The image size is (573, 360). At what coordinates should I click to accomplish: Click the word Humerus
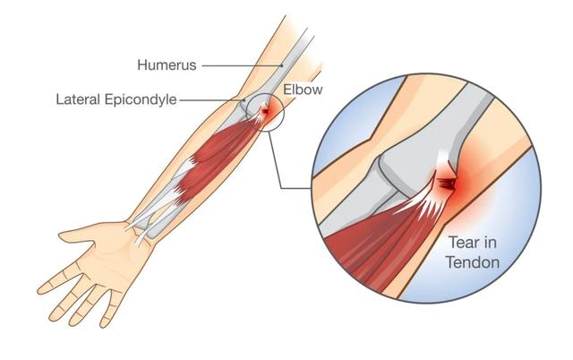tap(167, 65)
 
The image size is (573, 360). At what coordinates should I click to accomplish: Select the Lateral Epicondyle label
tap(116, 99)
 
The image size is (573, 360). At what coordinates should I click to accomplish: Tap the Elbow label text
tap(303, 90)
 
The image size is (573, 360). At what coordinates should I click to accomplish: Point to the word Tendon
tap(473, 262)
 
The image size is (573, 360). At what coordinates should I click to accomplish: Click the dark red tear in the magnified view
tap(448, 184)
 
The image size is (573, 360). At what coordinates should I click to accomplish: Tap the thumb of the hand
tap(79, 234)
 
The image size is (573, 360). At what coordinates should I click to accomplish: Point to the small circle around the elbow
tap(246, 109)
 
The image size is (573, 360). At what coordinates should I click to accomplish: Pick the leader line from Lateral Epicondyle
tap(212, 99)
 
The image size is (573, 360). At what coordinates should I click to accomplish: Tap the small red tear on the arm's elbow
tap(264, 110)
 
